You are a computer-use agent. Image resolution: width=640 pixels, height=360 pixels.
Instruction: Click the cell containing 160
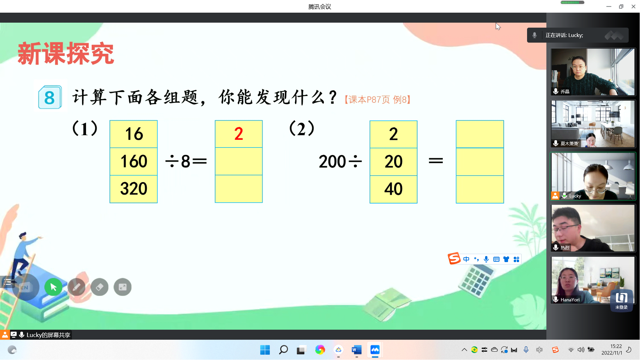coord(134,162)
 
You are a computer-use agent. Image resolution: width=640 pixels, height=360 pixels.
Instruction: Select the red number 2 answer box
coord(239,134)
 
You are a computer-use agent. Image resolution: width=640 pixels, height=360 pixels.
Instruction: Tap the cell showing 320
coord(134,189)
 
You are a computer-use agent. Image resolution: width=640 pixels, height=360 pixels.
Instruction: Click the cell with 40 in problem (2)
coord(393,189)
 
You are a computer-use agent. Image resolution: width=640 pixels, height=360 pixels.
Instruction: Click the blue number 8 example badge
coord(50,97)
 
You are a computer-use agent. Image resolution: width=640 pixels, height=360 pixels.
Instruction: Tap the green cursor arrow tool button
coord(53,287)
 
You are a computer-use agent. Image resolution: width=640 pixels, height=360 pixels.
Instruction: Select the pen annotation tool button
coord(76,287)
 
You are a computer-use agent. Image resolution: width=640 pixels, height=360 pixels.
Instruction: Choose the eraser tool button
coord(99,287)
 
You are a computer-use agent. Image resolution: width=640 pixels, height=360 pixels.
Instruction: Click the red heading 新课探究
coord(66,53)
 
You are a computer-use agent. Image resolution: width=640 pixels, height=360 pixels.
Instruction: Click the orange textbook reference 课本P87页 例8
coord(378,100)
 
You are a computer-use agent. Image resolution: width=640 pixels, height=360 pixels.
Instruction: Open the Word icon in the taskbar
coord(356,350)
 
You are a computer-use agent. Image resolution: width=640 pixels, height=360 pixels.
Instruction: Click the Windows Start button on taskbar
coord(265,350)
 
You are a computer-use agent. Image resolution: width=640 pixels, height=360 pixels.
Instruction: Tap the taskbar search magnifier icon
coord(283,350)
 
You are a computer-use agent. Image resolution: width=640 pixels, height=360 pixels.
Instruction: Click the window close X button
coord(633,7)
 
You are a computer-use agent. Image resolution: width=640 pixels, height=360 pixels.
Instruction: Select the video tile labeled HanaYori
coord(593,280)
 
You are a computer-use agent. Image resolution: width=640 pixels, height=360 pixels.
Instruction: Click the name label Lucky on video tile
coord(575,196)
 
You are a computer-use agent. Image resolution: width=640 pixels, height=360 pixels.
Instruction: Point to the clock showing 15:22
coord(616,346)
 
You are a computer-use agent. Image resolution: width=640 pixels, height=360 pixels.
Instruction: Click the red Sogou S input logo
coord(454,258)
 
